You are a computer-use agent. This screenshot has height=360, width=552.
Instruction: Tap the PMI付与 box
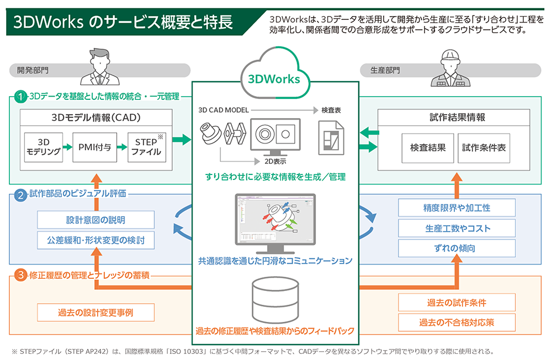pyautogui.click(x=95, y=147)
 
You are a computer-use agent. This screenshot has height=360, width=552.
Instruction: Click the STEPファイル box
pyautogui.click(x=146, y=147)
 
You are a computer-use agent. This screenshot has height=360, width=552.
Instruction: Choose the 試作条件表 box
pyautogui.click(x=484, y=147)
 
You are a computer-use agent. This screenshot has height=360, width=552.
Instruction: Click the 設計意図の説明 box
pyautogui.click(x=95, y=220)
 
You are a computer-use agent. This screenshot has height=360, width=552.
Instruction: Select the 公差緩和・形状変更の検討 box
pyautogui.click(x=95, y=240)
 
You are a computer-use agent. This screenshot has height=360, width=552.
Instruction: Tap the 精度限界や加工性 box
pyautogui.click(x=457, y=208)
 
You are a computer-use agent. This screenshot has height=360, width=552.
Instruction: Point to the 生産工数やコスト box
pyautogui.click(x=457, y=228)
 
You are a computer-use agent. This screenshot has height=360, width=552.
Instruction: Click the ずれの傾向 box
pyautogui.click(x=457, y=248)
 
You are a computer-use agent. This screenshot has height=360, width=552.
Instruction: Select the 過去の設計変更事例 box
pyautogui.click(x=95, y=312)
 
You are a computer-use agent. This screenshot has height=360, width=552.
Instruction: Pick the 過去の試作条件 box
pyautogui.click(x=457, y=302)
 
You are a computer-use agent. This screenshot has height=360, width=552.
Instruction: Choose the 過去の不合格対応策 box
pyautogui.click(x=457, y=322)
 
